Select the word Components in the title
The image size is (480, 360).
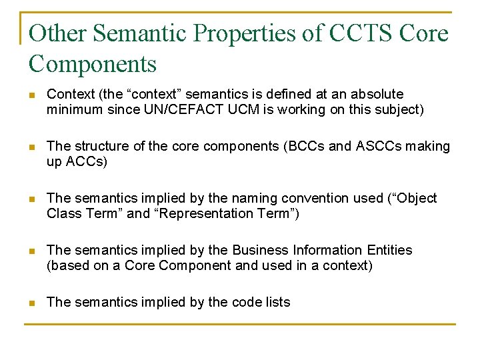[93, 64]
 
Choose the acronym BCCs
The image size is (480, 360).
[279, 147]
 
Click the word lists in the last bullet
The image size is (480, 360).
[276, 303]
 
